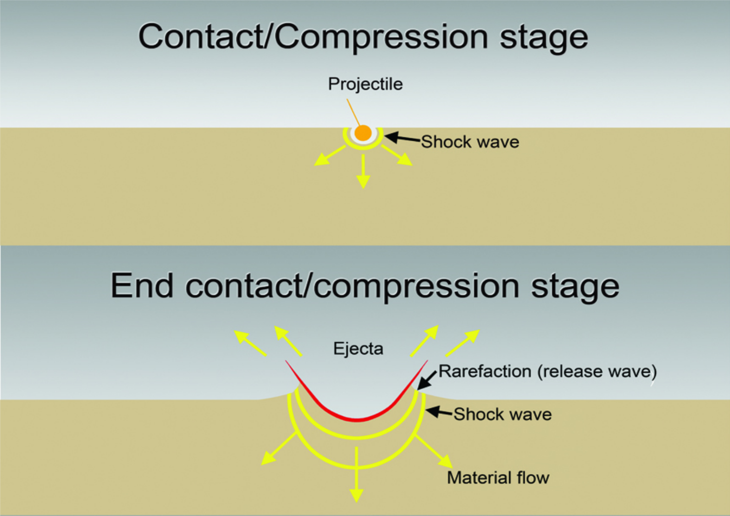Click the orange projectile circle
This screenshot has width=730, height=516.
tap(363, 133)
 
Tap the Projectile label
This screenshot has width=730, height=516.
tap(365, 84)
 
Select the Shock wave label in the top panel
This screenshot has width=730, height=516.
tap(470, 142)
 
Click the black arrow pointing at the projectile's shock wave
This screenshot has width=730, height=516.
tap(402, 138)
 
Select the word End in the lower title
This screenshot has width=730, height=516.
tap(142, 286)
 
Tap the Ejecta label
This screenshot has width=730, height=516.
tap(358, 349)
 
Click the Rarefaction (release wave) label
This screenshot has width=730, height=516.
tap(547, 371)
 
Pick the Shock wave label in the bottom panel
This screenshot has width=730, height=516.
tap(502, 414)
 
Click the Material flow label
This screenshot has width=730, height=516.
tap(498, 478)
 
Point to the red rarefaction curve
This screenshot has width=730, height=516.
tap(356, 418)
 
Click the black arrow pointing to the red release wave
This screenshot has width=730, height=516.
tap(427, 380)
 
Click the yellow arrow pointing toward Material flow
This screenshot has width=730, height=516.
tap(434, 452)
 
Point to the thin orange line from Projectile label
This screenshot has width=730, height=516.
tap(353, 112)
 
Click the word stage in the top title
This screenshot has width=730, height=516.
tap(543, 37)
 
